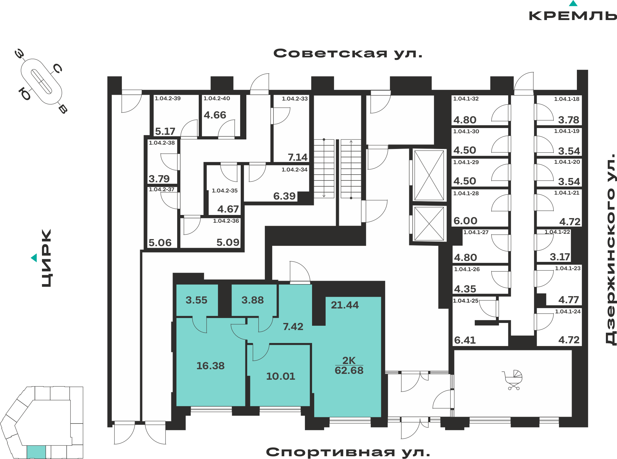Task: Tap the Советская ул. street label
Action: pos(348,53)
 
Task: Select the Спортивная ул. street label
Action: pos(348,452)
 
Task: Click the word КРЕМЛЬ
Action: pos(573,16)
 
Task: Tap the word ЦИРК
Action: pos(47,258)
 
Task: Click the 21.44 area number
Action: pos(345,305)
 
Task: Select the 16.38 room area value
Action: pos(211,366)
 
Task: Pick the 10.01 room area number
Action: pos(281,376)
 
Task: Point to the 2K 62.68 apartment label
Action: pos(349,365)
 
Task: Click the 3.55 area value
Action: pos(197,300)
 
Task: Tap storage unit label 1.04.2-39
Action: pos(168,98)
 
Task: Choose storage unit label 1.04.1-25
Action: pos(466,301)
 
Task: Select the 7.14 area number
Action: pos(298,157)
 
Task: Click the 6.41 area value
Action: pos(465,340)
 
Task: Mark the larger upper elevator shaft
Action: pos(429,175)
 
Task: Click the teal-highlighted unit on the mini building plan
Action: pos(36,452)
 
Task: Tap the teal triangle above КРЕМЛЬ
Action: pos(573,3)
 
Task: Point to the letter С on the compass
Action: pos(57,68)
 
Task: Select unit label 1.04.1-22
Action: pos(557,232)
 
